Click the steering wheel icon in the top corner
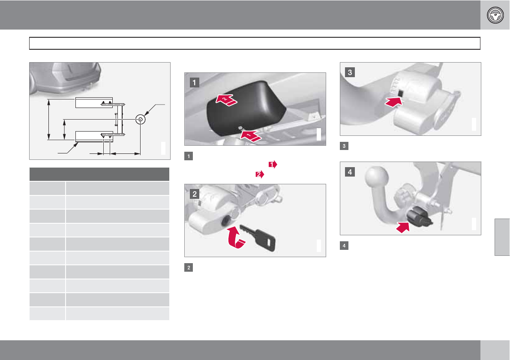495,15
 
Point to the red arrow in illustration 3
393,102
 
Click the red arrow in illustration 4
403,227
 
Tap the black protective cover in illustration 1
246,108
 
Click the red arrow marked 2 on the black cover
226,100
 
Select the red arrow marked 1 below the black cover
251,136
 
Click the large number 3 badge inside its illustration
350,72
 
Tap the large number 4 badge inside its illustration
350,172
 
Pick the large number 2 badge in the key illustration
195,194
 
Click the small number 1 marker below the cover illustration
188,156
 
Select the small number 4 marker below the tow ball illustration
344,246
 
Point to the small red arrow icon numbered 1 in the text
273,165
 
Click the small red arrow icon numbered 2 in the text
260,174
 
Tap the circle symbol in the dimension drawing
140,119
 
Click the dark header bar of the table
99,174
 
